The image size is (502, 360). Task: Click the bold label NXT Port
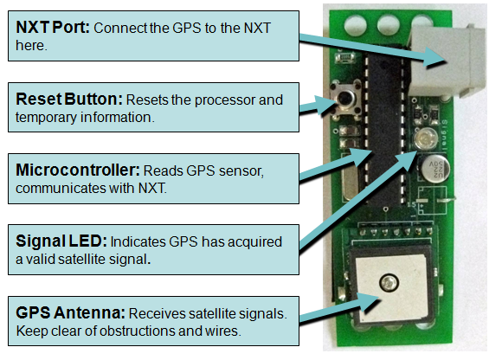[53, 28]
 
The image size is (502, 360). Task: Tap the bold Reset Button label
[69, 100]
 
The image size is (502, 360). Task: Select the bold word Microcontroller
[78, 170]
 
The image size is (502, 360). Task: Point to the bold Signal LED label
[61, 241]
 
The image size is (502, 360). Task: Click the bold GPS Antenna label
[70, 312]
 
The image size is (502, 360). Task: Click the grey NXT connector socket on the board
[447, 61]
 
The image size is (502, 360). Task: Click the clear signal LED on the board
[425, 138]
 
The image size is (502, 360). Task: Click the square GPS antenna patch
[391, 288]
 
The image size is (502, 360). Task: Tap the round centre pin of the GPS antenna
[389, 283]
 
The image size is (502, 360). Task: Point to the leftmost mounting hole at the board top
[356, 25]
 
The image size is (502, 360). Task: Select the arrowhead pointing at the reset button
[326, 105]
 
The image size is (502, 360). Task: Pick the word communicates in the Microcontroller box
[61, 188]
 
